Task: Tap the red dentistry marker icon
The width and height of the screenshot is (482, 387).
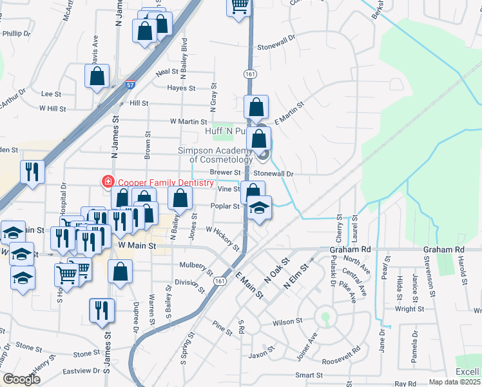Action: pos(107,182)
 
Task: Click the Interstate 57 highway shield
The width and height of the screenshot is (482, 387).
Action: pos(131,84)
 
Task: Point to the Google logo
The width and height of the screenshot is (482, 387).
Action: pos(21,379)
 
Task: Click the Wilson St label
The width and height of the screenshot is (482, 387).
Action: pos(287,321)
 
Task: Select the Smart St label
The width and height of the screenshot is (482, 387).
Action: pos(309,375)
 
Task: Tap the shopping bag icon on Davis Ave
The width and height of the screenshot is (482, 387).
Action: pos(96,76)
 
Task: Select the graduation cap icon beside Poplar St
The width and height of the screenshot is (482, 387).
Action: pos(258,208)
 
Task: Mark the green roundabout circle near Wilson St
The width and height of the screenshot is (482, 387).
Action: pos(326,317)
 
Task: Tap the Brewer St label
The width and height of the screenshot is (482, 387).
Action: pos(225,173)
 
